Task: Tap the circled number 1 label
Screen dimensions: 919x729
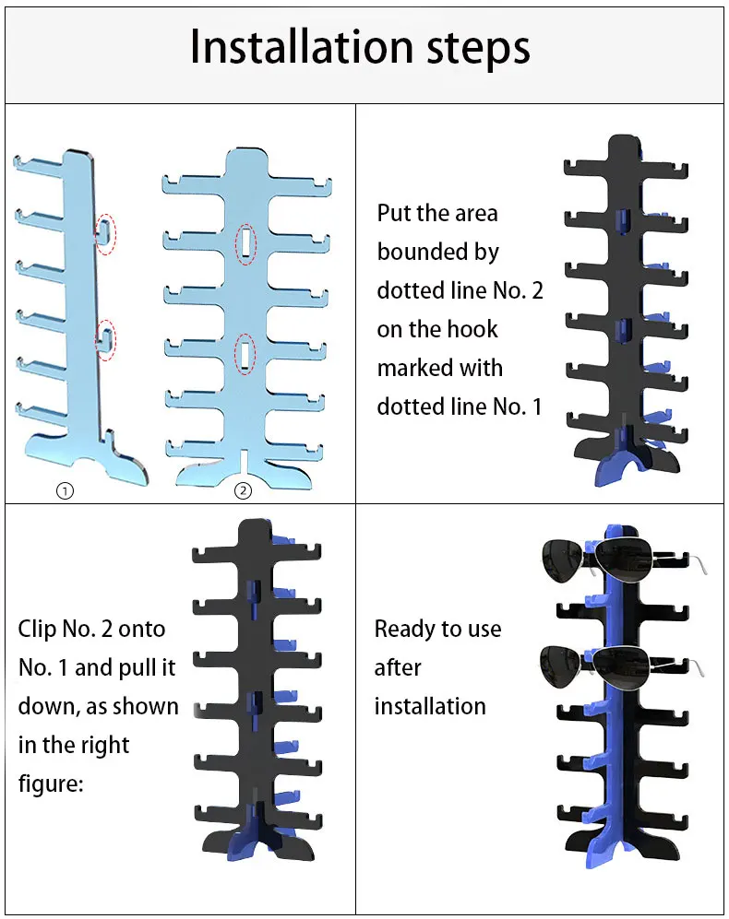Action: pos(65,491)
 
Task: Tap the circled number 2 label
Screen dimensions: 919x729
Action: pos(243,491)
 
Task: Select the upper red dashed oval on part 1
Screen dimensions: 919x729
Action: pos(106,235)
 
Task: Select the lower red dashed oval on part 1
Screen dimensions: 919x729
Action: pos(106,340)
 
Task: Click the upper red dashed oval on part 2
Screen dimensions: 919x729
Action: pos(246,244)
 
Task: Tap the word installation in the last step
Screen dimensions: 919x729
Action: pos(430,707)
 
